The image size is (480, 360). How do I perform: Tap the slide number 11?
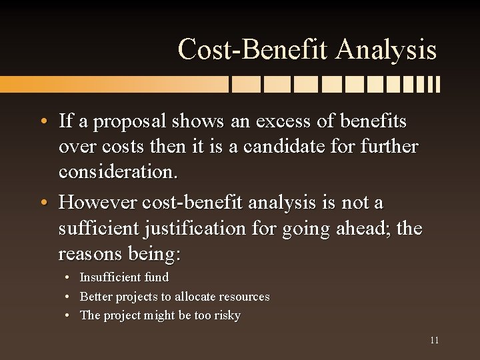click(434, 340)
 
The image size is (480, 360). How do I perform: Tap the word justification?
click(201, 229)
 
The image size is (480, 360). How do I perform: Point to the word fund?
click(157, 277)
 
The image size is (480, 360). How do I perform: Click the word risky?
click(226, 315)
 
